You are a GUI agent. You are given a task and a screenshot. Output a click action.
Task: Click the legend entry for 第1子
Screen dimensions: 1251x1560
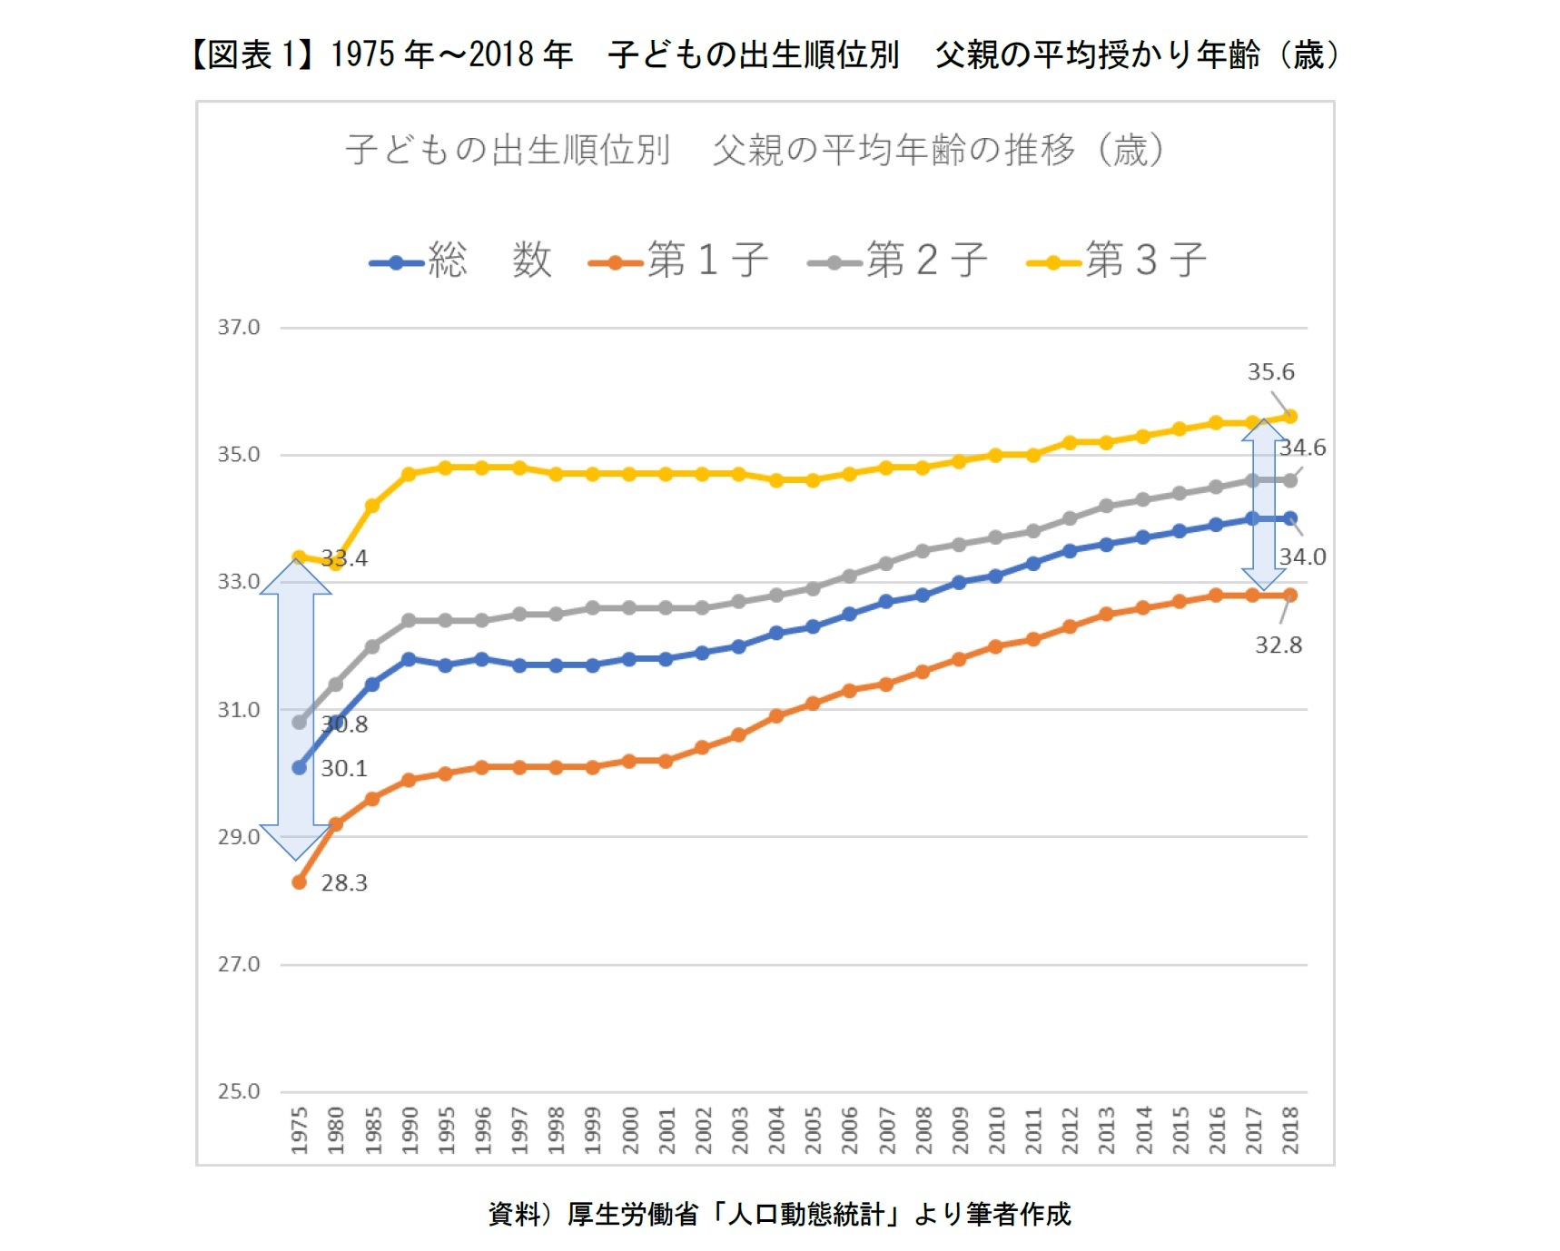tap(680, 261)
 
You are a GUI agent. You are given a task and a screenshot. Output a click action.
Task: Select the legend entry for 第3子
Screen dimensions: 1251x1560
tap(1118, 261)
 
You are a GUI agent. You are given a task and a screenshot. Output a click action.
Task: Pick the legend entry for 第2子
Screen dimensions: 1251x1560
tap(899, 261)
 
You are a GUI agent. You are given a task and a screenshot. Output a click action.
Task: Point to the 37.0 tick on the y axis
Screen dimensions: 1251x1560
tap(238, 327)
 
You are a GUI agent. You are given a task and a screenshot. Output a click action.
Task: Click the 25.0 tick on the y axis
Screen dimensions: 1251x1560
tap(238, 1091)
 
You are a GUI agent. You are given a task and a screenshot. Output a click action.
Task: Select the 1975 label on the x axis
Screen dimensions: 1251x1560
tap(299, 1129)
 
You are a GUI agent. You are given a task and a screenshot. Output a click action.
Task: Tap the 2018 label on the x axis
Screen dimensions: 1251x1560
tap(1289, 1129)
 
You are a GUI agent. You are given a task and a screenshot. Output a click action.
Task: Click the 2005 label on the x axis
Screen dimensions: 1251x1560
tap(813, 1129)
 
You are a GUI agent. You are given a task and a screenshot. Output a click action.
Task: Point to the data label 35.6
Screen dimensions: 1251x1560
tap(1270, 372)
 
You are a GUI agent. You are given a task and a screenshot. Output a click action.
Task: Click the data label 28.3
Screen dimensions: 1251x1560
tap(344, 882)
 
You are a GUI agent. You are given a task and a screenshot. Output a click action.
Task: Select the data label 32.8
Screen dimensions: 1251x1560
tap(1278, 645)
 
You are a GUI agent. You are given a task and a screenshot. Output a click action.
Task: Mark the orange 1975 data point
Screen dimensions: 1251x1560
tap(299, 882)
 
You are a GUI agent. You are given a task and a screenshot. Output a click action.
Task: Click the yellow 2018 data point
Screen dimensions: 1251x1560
tap(1289, 417)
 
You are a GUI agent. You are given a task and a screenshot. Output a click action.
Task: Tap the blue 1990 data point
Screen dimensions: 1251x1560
tap(409, 659)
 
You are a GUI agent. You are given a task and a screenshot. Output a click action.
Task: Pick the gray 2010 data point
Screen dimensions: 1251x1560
tap(995, 537)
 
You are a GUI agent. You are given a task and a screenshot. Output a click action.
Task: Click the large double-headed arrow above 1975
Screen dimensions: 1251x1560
tap(295, 708)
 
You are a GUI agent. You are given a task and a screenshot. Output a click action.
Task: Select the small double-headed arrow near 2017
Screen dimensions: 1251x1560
tap(1263, 505)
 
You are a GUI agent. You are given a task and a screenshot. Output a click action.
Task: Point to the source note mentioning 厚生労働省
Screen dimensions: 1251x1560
tap(779, 1214)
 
